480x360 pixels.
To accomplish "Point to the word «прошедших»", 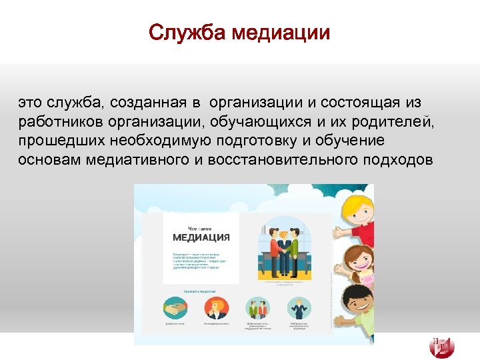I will (57, 141).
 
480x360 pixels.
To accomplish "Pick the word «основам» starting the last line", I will (49, 160).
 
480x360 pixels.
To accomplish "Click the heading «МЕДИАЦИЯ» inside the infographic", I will (201, 237).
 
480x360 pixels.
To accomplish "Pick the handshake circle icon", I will (175, 307).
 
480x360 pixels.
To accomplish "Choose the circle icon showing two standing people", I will (257, 307).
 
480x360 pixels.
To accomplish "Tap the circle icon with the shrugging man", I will (299, 307).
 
